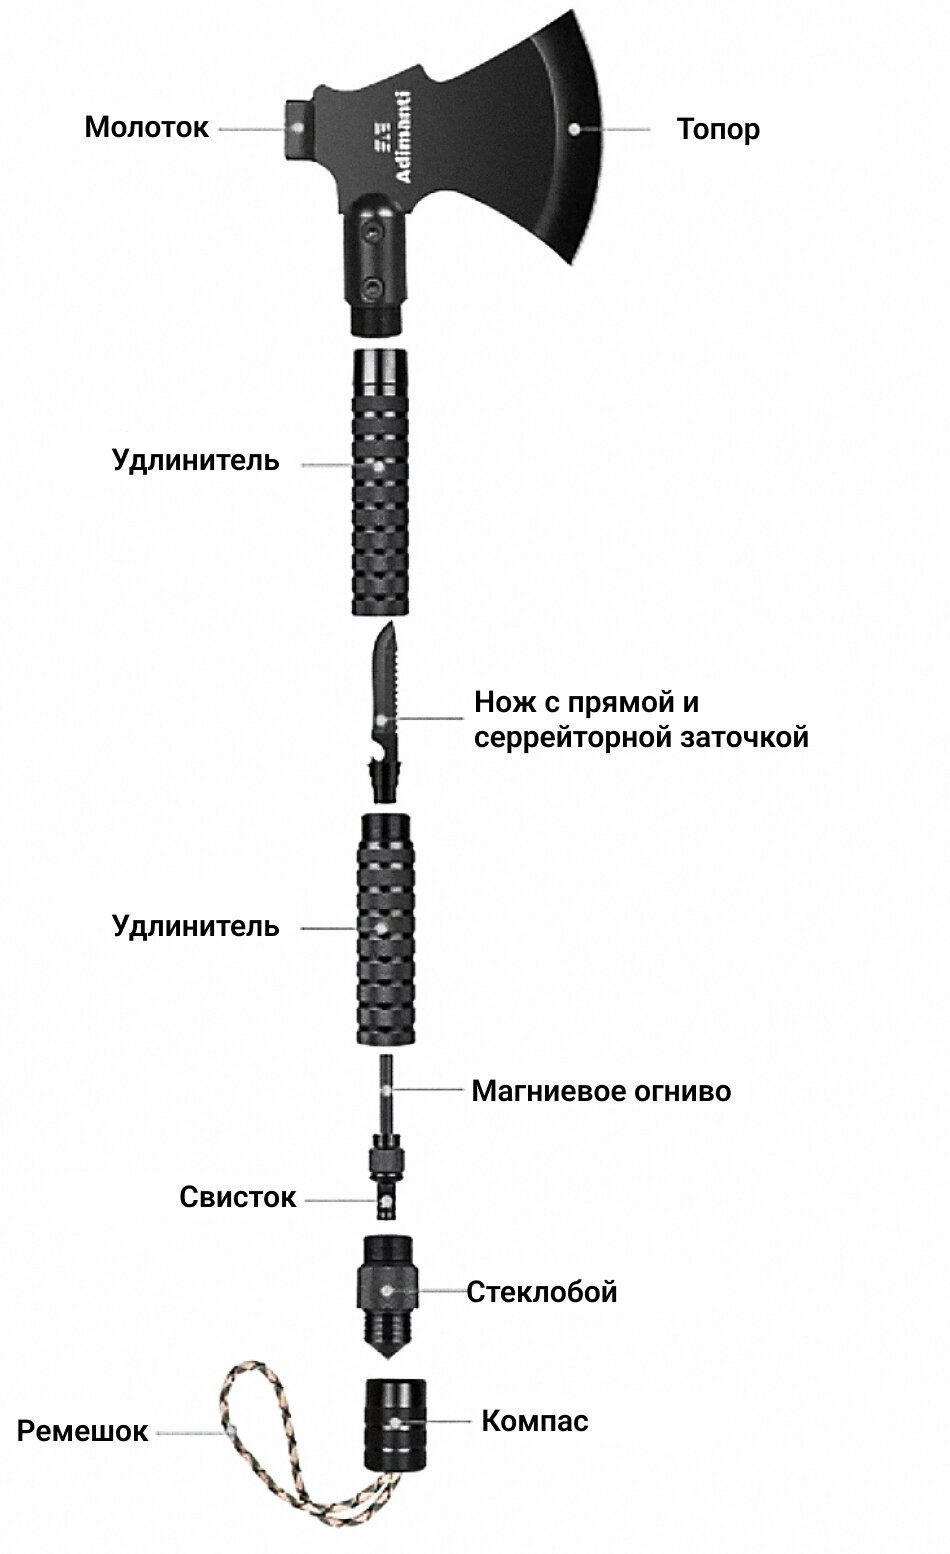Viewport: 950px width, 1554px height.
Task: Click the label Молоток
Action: tap(146, 128)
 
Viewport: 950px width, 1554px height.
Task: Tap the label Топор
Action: tap(717, 130)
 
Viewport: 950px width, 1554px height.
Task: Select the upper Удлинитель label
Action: tap(195, 462)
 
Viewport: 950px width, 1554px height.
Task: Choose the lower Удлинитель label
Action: tap(195, 926)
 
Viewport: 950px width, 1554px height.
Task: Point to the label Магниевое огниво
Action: tap(600, 1090)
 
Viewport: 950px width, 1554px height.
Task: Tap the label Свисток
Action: tap(238, 1197)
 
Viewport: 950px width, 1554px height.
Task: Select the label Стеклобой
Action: tap(541, 1292)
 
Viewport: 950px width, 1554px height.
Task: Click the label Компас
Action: tap(534, 1420)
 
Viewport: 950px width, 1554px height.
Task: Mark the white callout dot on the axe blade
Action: tap(574, 128)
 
